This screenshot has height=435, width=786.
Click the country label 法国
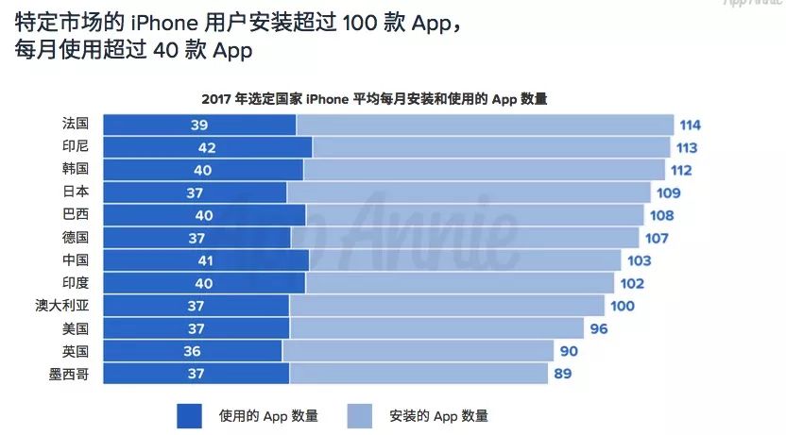click(75, 125)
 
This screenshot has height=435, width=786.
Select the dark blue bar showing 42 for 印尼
click(207, 148)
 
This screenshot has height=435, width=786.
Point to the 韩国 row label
click(75, 170)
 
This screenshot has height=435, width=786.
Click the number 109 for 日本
click(669, 193)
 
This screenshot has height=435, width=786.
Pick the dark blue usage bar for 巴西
click(203, 216)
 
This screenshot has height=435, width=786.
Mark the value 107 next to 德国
click(657, 239)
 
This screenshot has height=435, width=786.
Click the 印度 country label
click(75, 283)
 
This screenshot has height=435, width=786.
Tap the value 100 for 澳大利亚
click(623, 307)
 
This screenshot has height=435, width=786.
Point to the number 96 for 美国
click(598, 329)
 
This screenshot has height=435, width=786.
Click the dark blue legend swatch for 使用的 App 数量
click(189, 415)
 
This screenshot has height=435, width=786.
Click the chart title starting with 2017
click(374, 98)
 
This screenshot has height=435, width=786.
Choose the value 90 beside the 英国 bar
click(569, 352)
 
